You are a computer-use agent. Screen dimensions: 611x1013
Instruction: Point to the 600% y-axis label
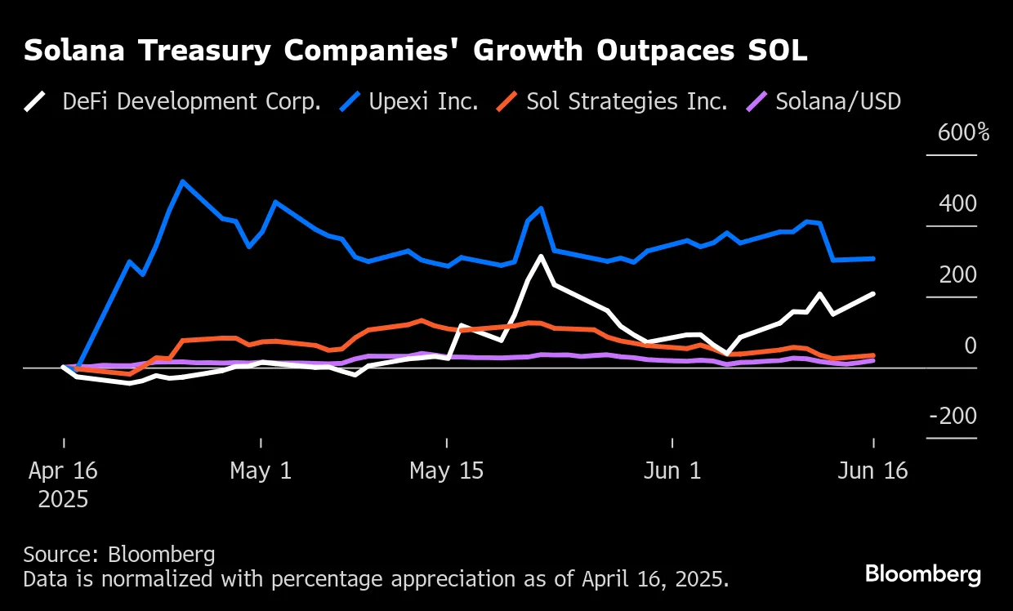(x=963, y=132)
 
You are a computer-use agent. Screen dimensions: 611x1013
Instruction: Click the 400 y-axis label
(x=957, y=203)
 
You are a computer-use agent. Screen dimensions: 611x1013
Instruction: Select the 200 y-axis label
(x=957, y=274)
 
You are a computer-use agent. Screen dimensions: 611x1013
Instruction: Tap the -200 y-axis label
(x=953, y=416)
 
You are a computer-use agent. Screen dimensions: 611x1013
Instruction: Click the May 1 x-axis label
(x=261, y=471)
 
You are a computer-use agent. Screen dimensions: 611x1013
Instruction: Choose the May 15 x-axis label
(x=446, y=471)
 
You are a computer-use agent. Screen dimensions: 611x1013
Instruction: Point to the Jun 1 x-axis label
(x=672, y=471)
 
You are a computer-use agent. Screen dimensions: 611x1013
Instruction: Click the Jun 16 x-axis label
(x=873, y=471)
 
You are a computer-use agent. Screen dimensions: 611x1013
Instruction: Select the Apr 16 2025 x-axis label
(x=63, y=484)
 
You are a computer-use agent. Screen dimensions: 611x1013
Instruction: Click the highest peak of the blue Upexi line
(x=182, y=181)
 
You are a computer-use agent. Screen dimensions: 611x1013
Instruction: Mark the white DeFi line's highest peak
(x=541, y=256)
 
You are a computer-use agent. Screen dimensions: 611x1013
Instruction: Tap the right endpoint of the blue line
(x=874, y=258)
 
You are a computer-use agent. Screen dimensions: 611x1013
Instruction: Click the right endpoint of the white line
(x=874, y=293)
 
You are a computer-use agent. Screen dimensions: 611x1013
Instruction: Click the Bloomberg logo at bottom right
(x=923, y=574)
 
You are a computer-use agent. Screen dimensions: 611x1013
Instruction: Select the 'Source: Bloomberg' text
(x=119, y=555)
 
